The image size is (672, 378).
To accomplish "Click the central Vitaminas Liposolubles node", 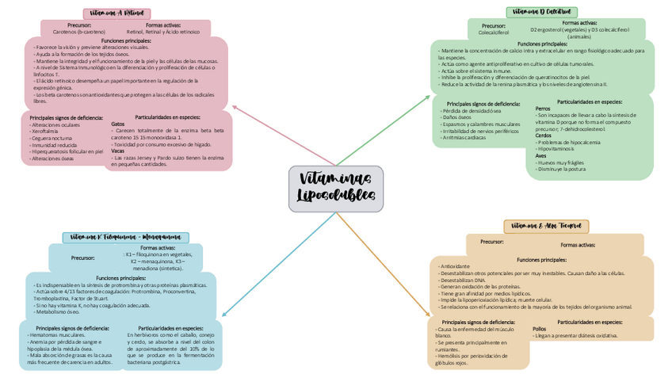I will (336, 188).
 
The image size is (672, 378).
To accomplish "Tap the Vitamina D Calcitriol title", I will (542, 12).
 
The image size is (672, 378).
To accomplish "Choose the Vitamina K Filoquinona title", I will (125, 237).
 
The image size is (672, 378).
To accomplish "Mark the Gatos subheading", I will (118, 124).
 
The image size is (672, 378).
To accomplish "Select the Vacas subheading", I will (118, 150).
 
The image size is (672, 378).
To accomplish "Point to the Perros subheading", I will (543, 108).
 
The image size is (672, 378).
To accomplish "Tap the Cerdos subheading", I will (544, 135).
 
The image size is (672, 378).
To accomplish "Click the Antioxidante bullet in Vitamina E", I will (456, 266).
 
